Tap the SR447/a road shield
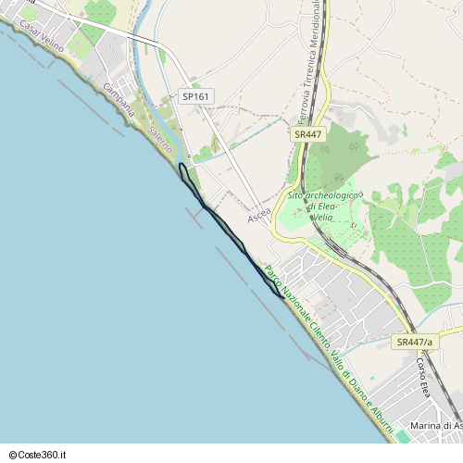413,343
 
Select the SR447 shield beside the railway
307,134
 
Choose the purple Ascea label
259,215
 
